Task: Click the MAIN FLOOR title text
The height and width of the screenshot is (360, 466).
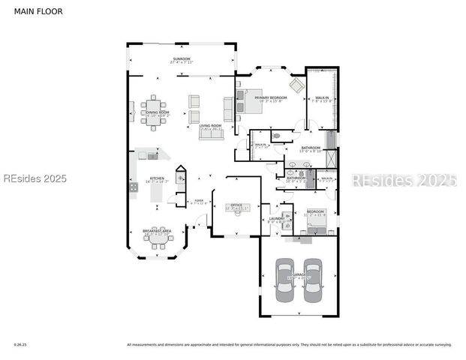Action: [38, 11]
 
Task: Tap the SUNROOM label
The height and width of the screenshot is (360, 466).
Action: [182, 59]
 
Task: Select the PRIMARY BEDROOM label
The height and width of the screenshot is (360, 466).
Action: [271, 98]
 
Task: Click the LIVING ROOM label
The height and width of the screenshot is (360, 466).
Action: [209, 126]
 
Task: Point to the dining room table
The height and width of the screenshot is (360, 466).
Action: [154, 112]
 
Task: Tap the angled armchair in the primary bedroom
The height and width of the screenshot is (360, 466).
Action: [296, 85]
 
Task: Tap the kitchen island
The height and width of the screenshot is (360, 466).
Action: [157, 193]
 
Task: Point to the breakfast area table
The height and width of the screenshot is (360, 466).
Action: [158, 238]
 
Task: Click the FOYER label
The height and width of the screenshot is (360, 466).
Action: [199, 201]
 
